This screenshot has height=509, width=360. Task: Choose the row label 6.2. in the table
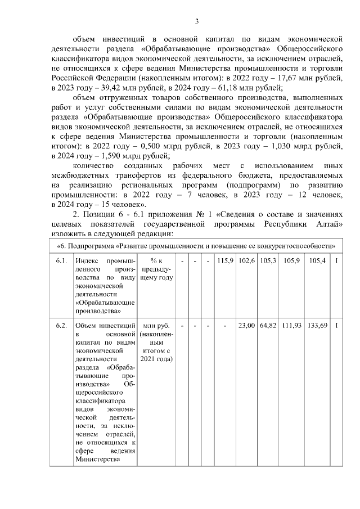pos(61,326)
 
